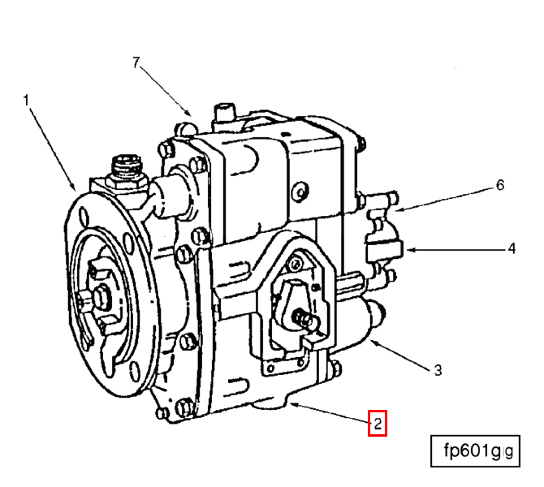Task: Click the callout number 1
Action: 26,100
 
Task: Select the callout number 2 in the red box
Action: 378,423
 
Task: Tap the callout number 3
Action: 438,370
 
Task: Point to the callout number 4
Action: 512,248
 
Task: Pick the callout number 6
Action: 500,185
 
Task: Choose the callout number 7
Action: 137,62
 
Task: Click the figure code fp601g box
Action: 474,451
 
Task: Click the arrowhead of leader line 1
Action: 76,188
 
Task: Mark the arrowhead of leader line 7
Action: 192,114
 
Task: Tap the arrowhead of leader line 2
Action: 292,401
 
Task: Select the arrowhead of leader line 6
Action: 397,210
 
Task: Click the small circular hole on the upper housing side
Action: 300,192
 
